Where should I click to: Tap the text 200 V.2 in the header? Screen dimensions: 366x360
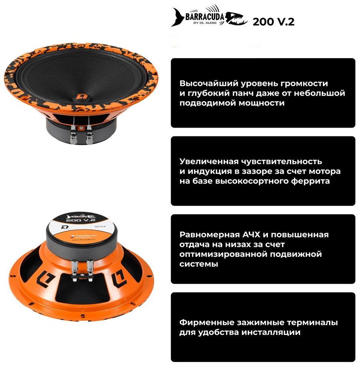[x=273, y=22]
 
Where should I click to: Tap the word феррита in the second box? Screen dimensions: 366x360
[x=311, y=181]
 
